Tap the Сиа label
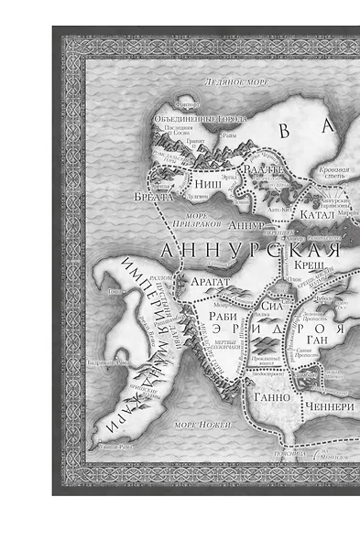266,308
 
